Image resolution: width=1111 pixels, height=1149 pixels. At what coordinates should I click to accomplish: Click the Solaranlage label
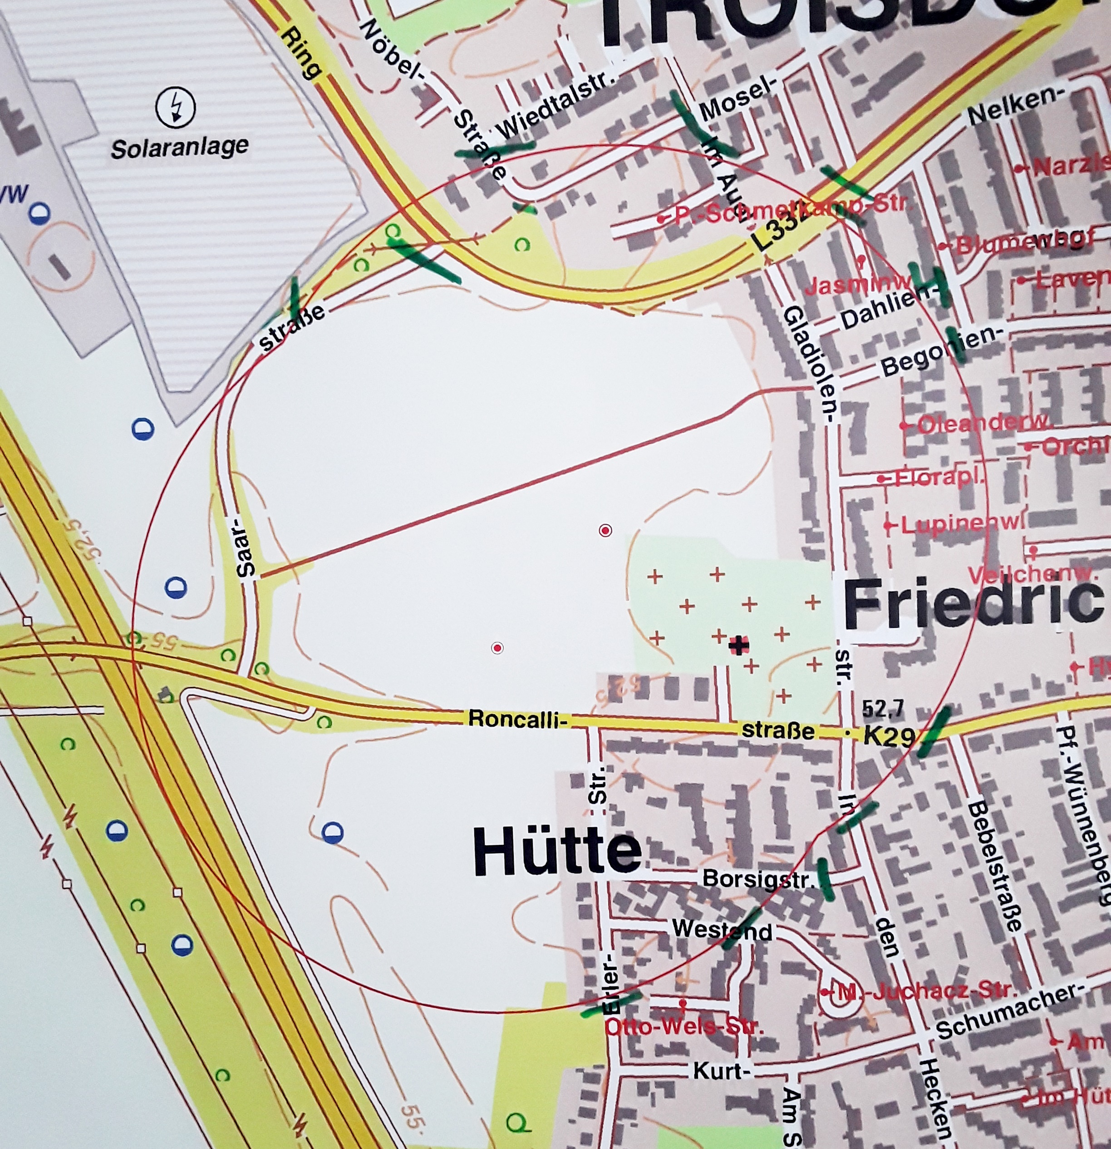tap(180, 147)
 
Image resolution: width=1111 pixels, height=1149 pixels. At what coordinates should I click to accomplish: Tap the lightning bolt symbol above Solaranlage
tap(175, 107)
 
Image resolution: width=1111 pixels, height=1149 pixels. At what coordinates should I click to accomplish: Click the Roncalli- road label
tap(518, 719)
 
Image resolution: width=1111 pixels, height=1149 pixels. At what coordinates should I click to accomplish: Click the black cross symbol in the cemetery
tap(739, 646)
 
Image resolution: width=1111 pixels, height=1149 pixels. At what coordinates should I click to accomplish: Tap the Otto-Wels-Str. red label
tap(683, 1027)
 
